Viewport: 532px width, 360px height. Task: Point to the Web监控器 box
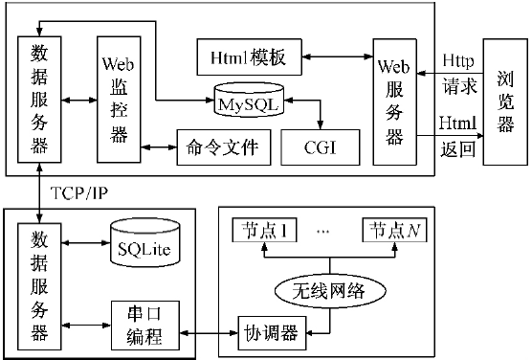pos(120,98)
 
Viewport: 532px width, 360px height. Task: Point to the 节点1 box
pos(267,232)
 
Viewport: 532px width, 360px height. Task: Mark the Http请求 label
pos(454,73)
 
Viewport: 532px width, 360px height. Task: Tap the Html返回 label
pos(454,135)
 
